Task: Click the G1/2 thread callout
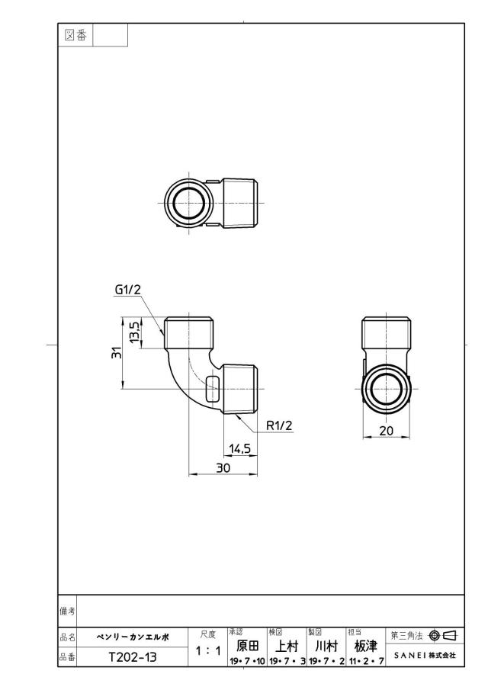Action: pyautogui.click(x=127, y=290)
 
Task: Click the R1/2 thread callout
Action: pyautogui.click(x=279, y=425)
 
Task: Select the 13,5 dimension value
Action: pyautogui.click(x=133, y=332)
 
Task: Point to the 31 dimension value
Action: pyautogui.click(x=116, y=352)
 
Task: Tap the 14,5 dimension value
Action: pyautogui.click(x=240, y=448)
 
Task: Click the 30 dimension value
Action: pyautogui.click(x=223, y=468)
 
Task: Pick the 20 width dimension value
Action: pyautogui.click(x=386, y=430)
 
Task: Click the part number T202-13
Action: pyautogui.click(x=133, y=657)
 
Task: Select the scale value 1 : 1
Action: pyautogui.click(x=207, y=650)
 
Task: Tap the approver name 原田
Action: pyautogui.click(x=247, y=646)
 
